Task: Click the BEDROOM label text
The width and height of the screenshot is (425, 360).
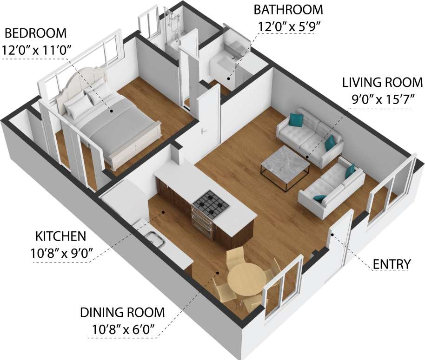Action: point(35,33)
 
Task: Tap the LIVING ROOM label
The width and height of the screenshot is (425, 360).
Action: point(382,83)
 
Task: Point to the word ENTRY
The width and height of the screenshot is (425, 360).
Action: point(392,264)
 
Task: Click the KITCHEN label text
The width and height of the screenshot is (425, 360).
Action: point(61,236)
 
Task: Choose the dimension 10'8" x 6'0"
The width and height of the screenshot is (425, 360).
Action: point(123,330)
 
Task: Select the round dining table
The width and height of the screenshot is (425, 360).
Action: point(246,277)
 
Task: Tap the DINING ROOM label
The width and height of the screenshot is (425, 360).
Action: point(123,312)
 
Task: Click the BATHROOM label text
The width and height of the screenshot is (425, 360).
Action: point(288,9)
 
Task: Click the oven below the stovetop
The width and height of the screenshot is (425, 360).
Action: point(204,223)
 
